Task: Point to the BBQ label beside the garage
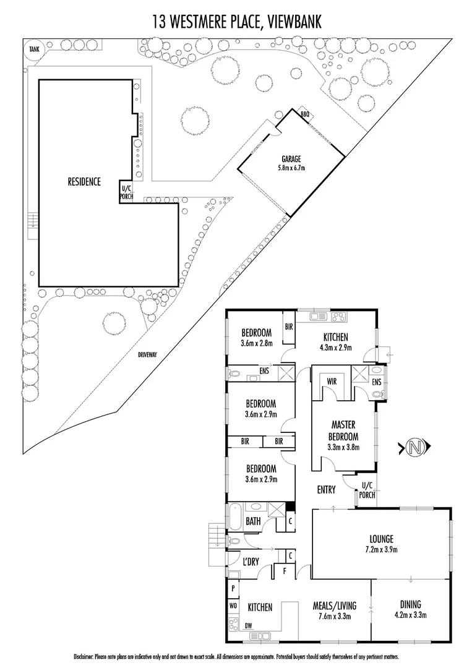(304, 114)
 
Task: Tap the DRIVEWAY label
(148, 354)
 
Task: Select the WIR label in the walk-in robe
(331, 382)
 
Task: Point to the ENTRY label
(326, 490)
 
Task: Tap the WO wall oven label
(233, 606)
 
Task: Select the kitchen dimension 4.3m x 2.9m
(335, 348)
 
